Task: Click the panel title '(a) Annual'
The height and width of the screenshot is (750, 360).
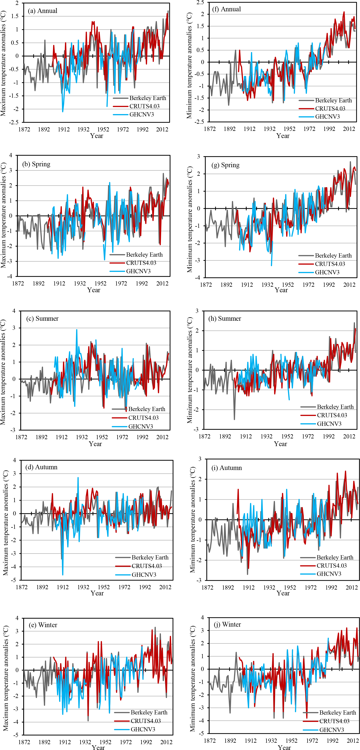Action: pos(43,11)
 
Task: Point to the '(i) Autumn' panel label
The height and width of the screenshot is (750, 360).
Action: pos(227,468)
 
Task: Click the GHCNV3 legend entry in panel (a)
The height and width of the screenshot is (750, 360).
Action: pos(141,114)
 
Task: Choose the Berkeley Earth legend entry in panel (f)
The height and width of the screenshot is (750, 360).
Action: pos(333,100)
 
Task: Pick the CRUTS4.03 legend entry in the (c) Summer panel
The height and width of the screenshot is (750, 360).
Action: pos(143,418)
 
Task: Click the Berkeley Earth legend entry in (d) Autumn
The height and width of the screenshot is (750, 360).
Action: pos(150,557)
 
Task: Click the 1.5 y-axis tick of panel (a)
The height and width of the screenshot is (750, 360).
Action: pos(15,16)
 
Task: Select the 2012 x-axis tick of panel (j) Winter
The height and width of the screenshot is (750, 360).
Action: pos(353,740)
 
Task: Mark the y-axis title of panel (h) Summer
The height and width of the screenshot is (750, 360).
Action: pos(189,370)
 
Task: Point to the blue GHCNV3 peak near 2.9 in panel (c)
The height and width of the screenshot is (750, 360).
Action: pos(77,330)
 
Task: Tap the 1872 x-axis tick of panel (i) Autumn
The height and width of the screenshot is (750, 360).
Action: pos(207,588)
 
